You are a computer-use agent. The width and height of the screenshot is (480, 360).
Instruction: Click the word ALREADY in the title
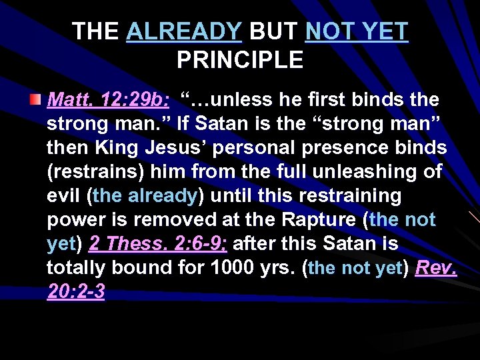[x=184, y=31]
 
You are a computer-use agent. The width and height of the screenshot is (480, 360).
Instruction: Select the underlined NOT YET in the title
[x=356, y=31]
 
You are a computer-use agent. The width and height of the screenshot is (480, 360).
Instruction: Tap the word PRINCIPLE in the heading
[x=240, y=61]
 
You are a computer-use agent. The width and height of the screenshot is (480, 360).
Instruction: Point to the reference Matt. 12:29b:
[x=109, y=100]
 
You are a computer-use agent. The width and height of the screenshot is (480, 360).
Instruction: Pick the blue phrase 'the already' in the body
[x=145, y=196]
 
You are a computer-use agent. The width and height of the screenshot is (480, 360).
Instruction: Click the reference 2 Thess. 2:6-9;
[x=158, y=244]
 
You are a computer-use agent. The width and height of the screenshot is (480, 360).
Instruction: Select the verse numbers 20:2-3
[x=76, y=292]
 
